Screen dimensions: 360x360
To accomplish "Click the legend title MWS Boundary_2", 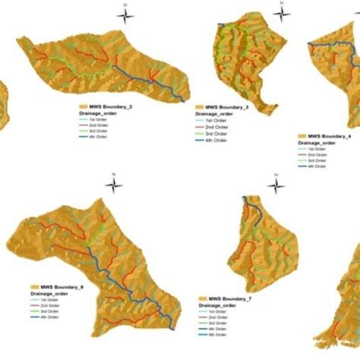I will [111, 106].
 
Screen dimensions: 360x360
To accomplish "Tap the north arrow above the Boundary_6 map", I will [112, 185].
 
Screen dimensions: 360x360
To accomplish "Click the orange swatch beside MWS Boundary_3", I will [200, 107].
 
